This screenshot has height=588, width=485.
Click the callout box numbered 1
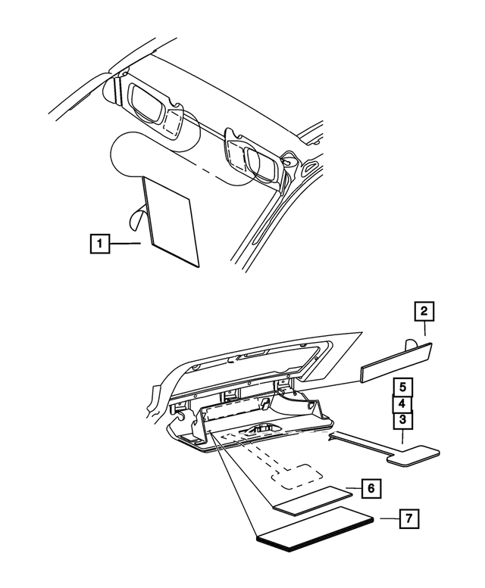[x=99, y=244]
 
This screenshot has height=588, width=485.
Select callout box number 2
[x=424, y=311]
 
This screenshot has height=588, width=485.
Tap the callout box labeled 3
[x=402, y=420]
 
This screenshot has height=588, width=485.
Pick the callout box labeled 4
[x=402, y=404]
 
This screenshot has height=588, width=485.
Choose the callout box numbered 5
[x=402, y=387]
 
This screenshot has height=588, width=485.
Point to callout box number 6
[x=369, y=490]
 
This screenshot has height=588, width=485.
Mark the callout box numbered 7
[x=408, y=519]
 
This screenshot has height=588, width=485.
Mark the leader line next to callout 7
[x=386, y=519]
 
